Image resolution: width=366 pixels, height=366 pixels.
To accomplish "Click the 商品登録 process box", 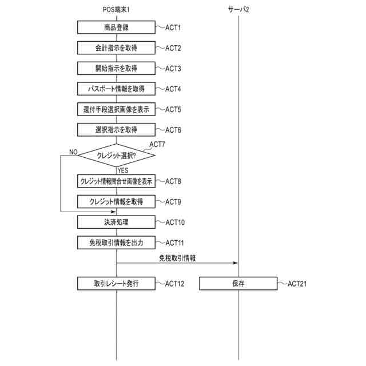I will click(x=116, y=27).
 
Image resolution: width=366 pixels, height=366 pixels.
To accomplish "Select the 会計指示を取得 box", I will click(x=116, y=48).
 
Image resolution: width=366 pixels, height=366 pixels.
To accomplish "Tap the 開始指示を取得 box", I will click(x=116, y=69).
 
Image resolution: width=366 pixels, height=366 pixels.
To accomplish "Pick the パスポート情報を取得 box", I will click(x=116, y=89).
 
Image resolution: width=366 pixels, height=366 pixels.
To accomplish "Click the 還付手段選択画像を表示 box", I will click(x=116, y=109).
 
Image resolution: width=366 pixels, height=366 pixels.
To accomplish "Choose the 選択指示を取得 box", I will click(x=116, y=130).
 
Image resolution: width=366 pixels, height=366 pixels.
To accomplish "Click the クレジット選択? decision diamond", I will click(x=116, y=155).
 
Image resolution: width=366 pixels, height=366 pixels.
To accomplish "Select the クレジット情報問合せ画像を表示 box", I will click(x=116, y=181).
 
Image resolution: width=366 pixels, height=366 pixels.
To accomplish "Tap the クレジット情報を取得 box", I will click(x=116, y=202).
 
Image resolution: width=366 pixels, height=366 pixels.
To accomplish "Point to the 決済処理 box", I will click(x=116, y=222).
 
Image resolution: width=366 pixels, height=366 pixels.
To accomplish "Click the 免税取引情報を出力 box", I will click(x=116, y=242).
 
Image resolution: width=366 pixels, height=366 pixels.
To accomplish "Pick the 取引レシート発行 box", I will click(x=116, y=284).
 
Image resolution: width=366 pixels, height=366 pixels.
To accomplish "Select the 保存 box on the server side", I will click(x=238, y=284).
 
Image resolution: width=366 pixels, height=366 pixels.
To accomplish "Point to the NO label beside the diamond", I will click(x=73, y=152).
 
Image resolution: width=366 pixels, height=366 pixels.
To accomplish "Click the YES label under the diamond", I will click(x=124, y=170).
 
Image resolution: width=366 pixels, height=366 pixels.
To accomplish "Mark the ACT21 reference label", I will click(x=297, y=284).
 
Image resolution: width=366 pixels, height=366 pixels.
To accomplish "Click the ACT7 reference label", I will click(x=157, y=145).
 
